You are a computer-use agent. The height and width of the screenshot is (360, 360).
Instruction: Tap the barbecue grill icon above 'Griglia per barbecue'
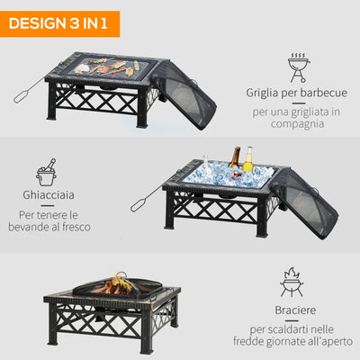coord(298,67)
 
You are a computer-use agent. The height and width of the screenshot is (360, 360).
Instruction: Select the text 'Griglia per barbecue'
coord(296,92)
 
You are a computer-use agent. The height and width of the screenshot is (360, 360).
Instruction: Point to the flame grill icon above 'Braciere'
coord(292,282)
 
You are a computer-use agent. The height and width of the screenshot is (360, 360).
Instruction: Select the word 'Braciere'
coord(295,312)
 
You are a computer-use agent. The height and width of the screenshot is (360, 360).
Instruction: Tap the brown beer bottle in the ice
coord(236,163)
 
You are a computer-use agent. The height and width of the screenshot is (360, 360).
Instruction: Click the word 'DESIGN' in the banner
coord(37,21)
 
